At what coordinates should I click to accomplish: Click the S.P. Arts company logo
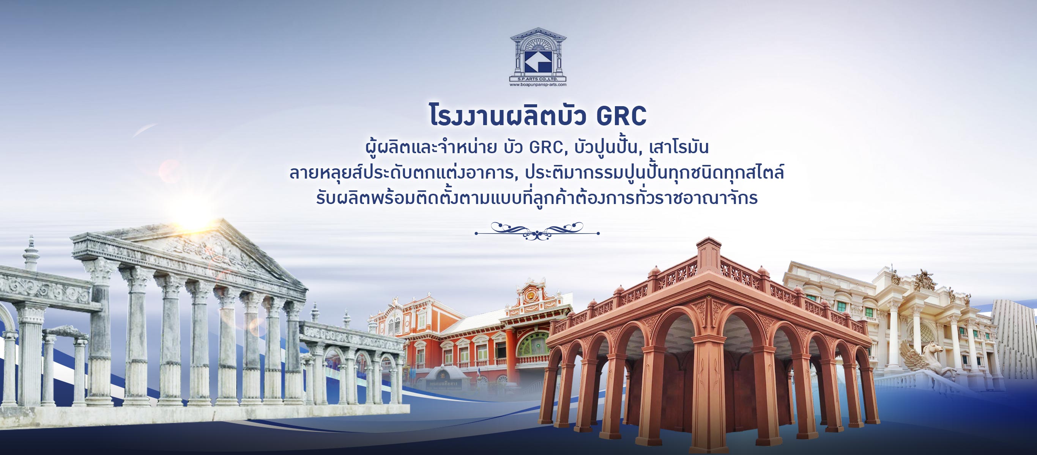pyautogui.click(x=538, y=54)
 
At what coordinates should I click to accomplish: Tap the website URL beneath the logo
pyautogui.click(x=538, y=85)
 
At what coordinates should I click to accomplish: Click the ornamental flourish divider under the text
pyautogui.click(x=537, y=231)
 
